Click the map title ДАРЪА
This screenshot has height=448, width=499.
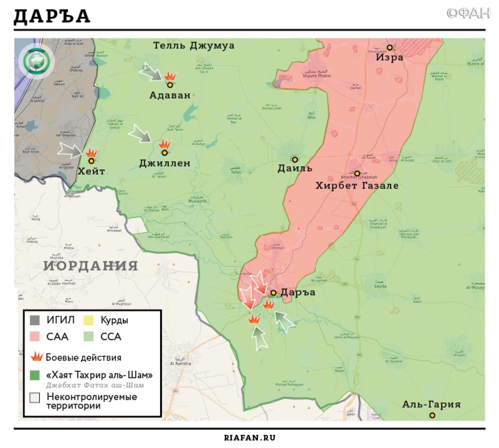52,16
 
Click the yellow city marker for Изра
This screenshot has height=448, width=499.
389,47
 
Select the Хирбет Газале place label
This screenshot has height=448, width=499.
357,186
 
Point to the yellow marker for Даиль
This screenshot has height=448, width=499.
295,160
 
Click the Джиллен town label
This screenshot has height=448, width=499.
165,163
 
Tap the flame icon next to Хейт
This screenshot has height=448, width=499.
91,153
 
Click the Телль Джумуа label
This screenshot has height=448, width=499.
194,45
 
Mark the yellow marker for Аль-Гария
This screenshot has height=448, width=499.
432,415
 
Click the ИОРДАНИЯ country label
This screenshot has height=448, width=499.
91,266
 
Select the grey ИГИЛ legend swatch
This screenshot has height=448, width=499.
35,320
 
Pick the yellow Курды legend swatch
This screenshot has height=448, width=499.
88,320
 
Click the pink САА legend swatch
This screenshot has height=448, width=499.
35,337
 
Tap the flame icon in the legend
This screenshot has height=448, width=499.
37,357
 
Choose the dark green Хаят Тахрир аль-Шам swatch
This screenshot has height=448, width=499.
35,375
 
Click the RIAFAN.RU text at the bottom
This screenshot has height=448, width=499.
249,438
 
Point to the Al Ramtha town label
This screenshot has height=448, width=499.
181,363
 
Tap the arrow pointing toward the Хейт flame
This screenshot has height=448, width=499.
70,150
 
